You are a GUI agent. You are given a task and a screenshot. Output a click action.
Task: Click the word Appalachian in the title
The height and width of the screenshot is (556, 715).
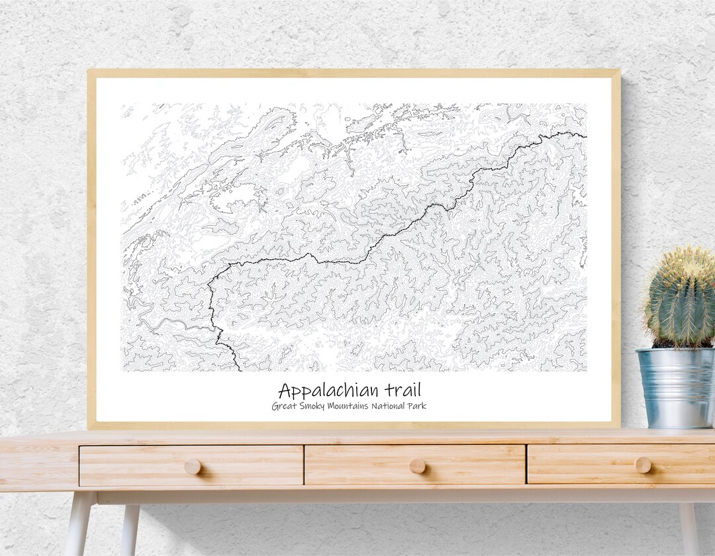click(322, 391)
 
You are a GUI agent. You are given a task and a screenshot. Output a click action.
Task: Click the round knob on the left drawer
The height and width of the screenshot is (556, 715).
click(192, 467)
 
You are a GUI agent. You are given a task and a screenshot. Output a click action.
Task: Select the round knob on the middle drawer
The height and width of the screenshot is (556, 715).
click(417, 466)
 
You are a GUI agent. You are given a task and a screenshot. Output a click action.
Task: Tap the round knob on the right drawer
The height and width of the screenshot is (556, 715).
click(642, 465)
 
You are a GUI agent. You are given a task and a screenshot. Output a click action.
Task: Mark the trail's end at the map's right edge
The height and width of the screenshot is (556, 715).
click(585, 136)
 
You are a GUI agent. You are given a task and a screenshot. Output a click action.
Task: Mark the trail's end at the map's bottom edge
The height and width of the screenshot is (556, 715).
click(240, 369)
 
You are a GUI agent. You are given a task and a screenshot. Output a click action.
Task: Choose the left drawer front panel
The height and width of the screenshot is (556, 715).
click(132, 465)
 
